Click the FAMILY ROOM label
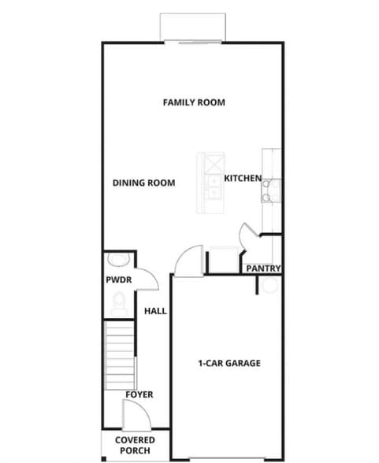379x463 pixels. pos(194,102)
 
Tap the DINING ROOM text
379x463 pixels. pos(143,183)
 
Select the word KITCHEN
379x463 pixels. pos(243,179)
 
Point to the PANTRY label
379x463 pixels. pos(263,269)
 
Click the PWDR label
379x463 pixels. pos(118,280)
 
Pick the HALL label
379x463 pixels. pos(155,311)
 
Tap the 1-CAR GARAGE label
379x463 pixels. pos(229,363)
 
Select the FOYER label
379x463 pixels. pos(139,394)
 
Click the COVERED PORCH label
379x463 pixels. pos(135,444)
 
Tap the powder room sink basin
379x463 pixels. pos(117,261)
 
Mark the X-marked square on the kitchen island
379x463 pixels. pos(214,164)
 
